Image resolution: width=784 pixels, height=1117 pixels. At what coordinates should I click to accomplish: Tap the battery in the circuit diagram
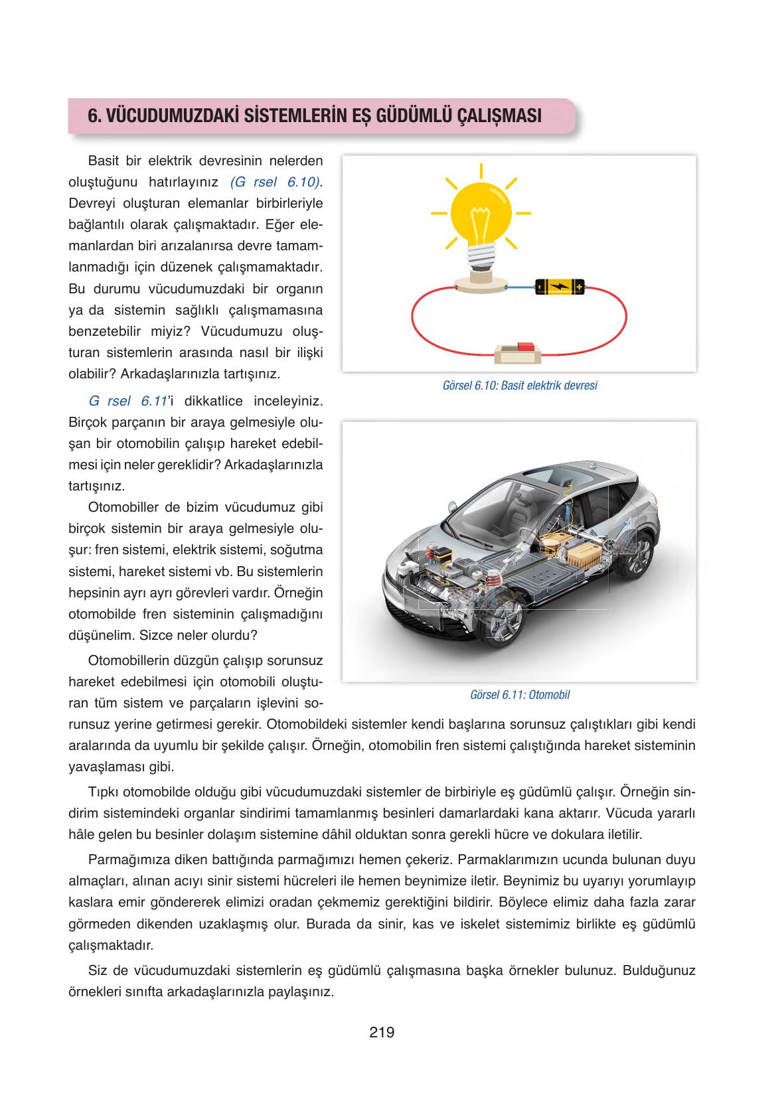point(560,287)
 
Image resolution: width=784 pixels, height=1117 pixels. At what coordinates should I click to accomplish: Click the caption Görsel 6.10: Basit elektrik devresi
point(519,386)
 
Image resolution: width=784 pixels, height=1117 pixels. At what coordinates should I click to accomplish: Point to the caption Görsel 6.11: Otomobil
point(519,695)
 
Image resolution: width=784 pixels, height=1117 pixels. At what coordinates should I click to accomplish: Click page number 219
point(382,1033)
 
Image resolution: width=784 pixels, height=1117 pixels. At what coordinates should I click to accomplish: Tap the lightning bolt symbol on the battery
point(560,287)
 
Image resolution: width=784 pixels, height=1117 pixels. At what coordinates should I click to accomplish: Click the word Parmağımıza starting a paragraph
point(125,860)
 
